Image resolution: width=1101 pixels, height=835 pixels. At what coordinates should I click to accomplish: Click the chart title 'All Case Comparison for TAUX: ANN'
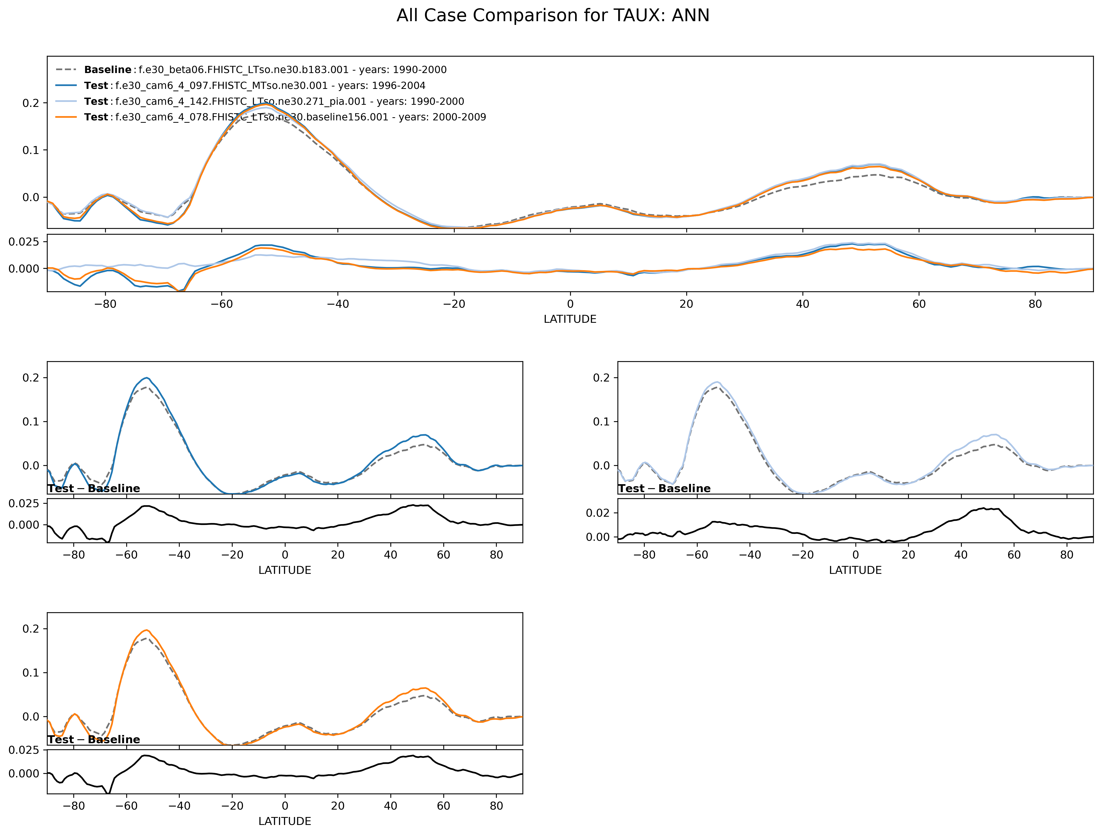[553, 15]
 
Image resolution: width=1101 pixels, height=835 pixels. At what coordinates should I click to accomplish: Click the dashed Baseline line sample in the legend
[66, 70]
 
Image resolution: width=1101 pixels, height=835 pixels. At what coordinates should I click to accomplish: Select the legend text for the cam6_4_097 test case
[270, 85]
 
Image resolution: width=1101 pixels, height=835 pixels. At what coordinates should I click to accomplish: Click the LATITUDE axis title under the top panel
[570, 319]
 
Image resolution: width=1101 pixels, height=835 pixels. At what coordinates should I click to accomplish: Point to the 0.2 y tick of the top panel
[31, 103]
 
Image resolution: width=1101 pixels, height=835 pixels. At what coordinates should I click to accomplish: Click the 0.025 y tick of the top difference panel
[24, 242]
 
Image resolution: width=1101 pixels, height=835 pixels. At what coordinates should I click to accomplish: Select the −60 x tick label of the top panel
[222, 304]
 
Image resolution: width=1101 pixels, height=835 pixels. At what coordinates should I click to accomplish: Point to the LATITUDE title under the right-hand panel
[855, 570]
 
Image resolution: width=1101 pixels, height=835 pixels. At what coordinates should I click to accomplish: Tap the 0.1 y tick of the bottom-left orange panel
[31, 673]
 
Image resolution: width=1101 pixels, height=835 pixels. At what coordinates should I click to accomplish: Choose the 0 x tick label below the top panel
[570, 304]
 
